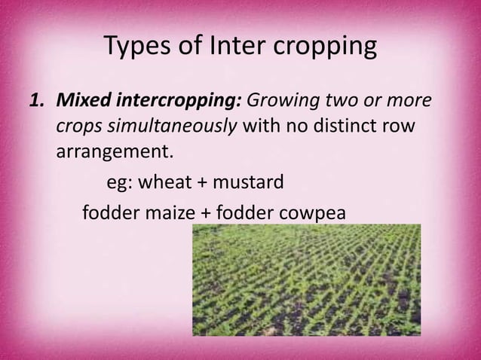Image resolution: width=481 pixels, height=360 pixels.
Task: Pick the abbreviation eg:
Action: (112, 183)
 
